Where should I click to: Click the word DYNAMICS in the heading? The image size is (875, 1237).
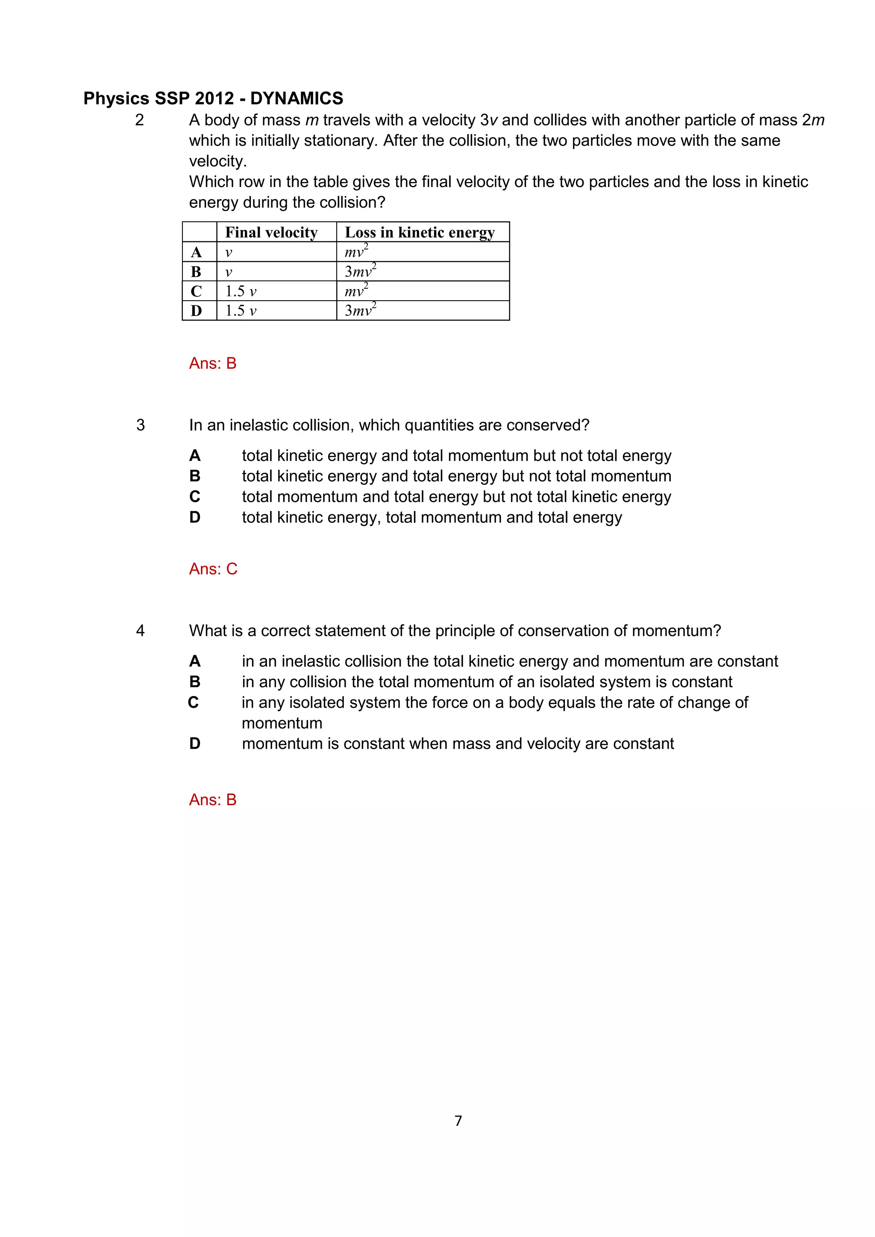pyautogui.click(x=297, y=99)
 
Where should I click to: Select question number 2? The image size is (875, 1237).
pyautogui.click(x=140, y=120)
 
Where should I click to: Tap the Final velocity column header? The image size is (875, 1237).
pyautogui.click(x=271, y=232)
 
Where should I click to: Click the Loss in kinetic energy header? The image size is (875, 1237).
pyautogui.click(x=419, y=232)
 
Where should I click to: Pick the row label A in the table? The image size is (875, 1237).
pyautogui.click(x=196, y=252)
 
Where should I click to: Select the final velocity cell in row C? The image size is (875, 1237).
pyautogui.click(x=241, y=291)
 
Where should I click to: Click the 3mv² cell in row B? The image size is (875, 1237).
pyautogui.click(x=361, y=271)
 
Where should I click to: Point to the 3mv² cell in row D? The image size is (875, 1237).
pyautogui.click(x=361, y=311)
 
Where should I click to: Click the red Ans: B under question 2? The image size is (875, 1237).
pyautogui.click(x=213, y=363)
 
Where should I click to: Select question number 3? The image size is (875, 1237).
pyautogui.click(x=141, y=425)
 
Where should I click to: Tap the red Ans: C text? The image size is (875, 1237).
pyautogui.click(x=213, y=569)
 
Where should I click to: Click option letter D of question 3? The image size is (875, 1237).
pyautogui.click(x=195, y=518)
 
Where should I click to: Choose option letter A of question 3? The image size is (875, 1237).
pyautogui.click(x=195, y=456)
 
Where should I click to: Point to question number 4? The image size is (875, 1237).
pyautogui.click(x=141, y=631)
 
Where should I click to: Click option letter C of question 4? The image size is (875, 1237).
pyautogui.click(x=194, y=703)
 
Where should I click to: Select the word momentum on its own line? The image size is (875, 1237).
pyautogui.click(x=282, y=724)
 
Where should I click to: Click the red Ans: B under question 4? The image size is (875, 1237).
pyautogui.click(x=213, y=800)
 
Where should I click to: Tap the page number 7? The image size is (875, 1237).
pyautogui.click(x=458, y=1121)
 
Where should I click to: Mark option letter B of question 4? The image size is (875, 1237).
pyautogui.click(x=195, y=682)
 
